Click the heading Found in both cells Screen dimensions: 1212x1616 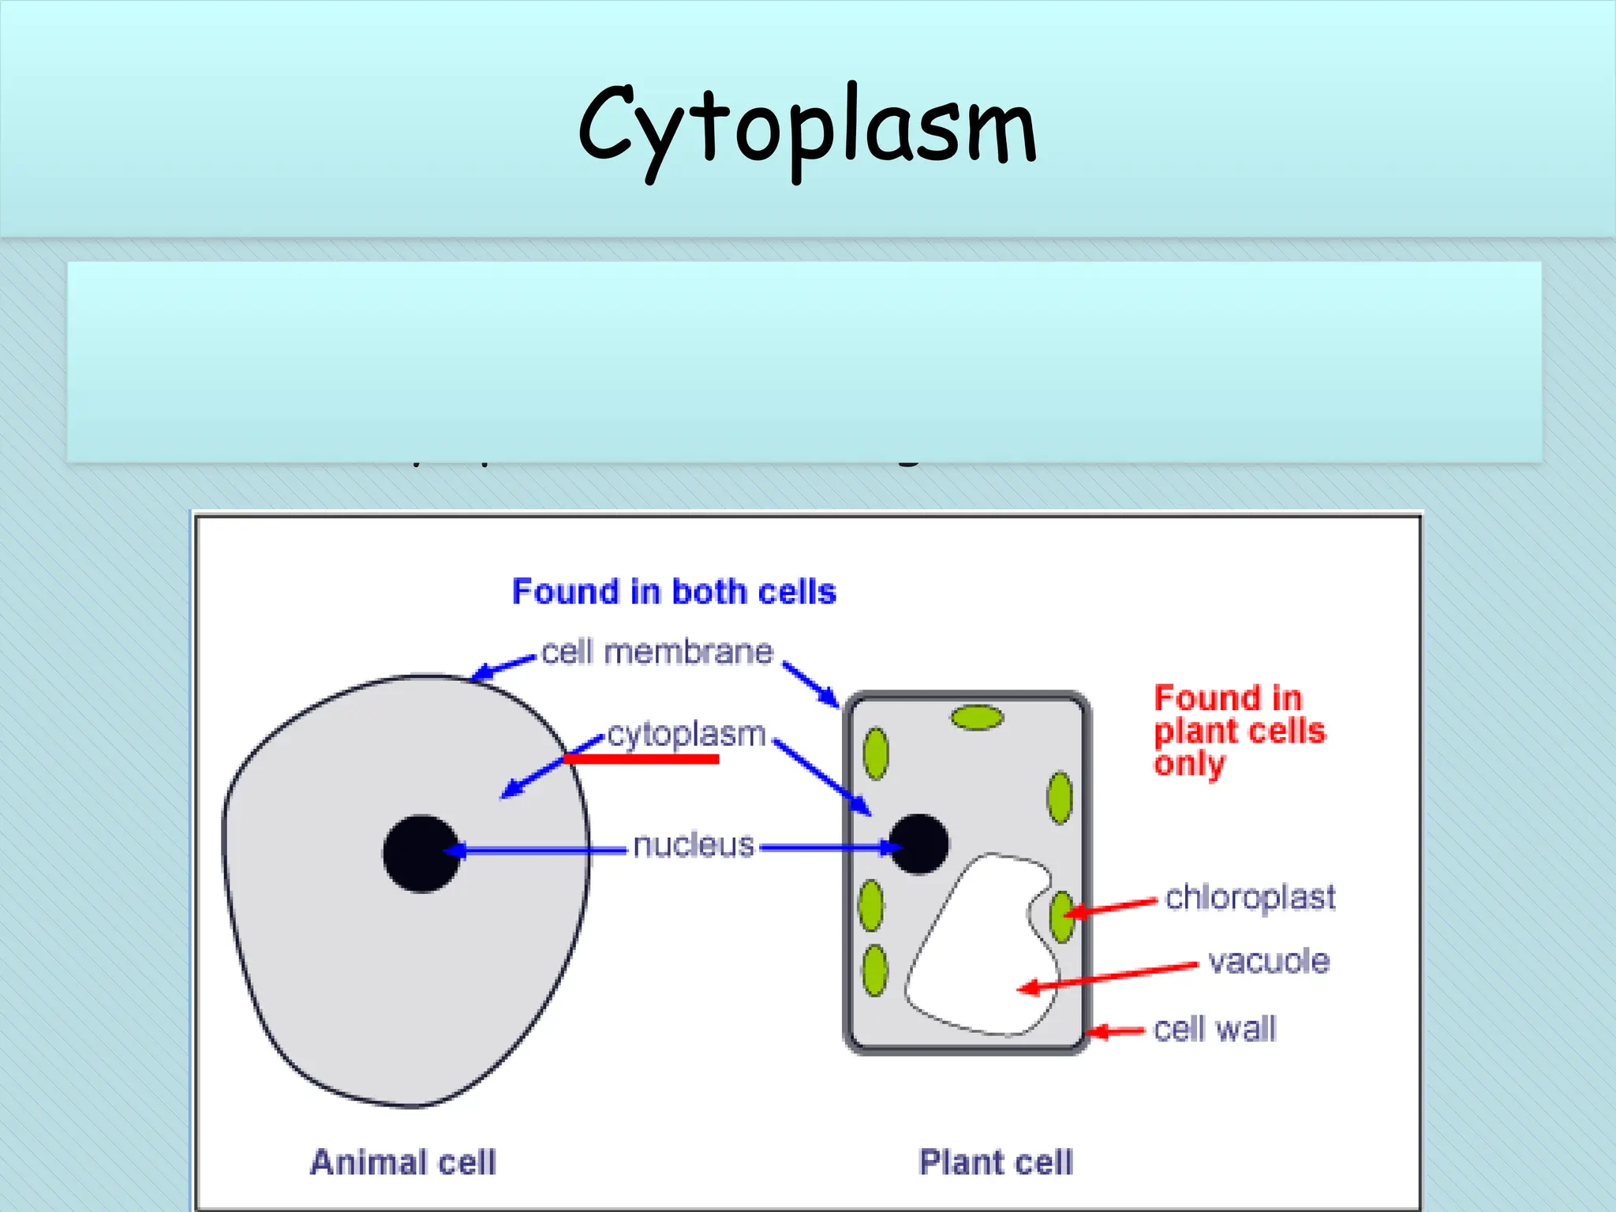tap(674, 592)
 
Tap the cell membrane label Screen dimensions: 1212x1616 tap(656, 653)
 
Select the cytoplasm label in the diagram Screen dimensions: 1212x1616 tap(686, 734)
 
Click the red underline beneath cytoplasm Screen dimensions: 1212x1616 tap(641, 759)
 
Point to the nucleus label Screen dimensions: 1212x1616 tap(693, 845)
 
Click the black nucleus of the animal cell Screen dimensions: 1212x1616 tap(421, 853)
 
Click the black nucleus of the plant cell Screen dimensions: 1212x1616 tap(918, 844)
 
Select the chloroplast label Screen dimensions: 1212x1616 tap(1250, 898)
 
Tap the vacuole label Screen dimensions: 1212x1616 tap(1269, 961)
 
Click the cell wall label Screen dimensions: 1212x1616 tap(1214, 1029)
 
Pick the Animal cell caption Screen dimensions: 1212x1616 tap(402, 1162)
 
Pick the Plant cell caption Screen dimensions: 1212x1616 tap(996, 1162)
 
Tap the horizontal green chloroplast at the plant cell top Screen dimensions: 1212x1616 tap(977, 717)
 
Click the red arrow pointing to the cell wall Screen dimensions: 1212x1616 tap(1116, 1031)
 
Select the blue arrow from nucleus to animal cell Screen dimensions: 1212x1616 tap(537, 850)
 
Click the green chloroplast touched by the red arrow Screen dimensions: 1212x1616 tap(1061, 916)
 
